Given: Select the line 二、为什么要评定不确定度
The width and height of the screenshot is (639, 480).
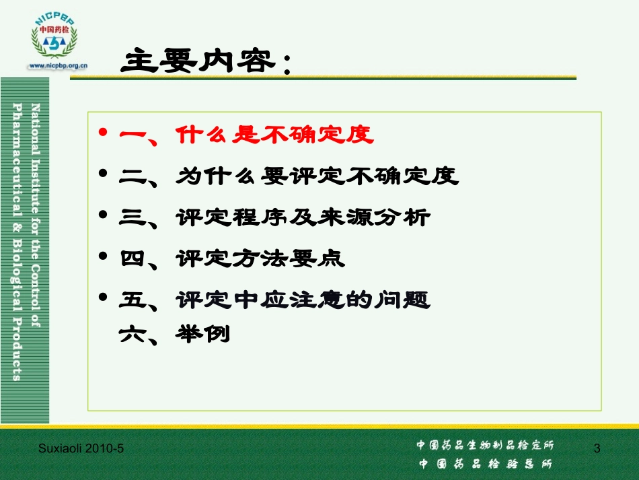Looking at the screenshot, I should pos(289,176).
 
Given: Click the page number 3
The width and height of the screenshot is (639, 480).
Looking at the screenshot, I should pos(597,448).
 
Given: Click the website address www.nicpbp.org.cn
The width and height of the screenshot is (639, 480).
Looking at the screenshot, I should pos(59,66).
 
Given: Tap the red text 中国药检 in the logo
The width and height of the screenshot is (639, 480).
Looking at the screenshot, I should pos(54,30).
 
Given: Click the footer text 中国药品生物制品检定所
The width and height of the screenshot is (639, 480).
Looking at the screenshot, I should pos(485,445).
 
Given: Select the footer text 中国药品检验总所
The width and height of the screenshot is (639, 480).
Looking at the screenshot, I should pos(485,464).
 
